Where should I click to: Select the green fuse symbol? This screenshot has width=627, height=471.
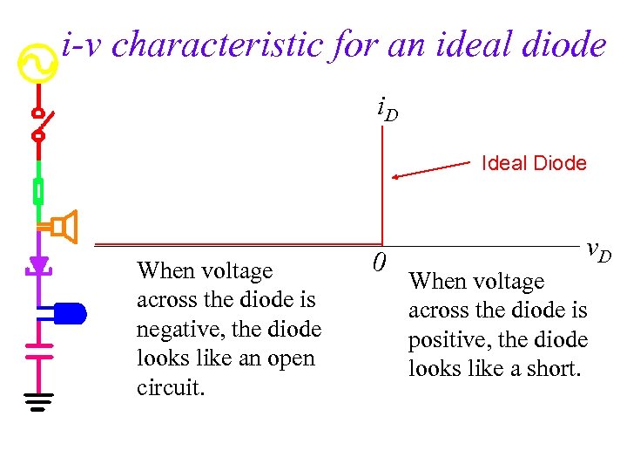pos(38,190)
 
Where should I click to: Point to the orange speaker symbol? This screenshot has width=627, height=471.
pos(64,227)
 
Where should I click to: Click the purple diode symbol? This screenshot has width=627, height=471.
pos(38,263)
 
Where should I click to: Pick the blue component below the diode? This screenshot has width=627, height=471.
pos(69,311)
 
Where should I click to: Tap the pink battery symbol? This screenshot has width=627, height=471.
pos(38,349)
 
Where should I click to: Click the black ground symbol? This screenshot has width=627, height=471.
pos(38,401)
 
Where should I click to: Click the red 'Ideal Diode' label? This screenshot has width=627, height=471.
pos(534,163)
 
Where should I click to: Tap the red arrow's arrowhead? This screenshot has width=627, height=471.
pos(395,177)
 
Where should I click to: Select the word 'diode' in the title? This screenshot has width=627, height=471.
pos(563,44)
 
